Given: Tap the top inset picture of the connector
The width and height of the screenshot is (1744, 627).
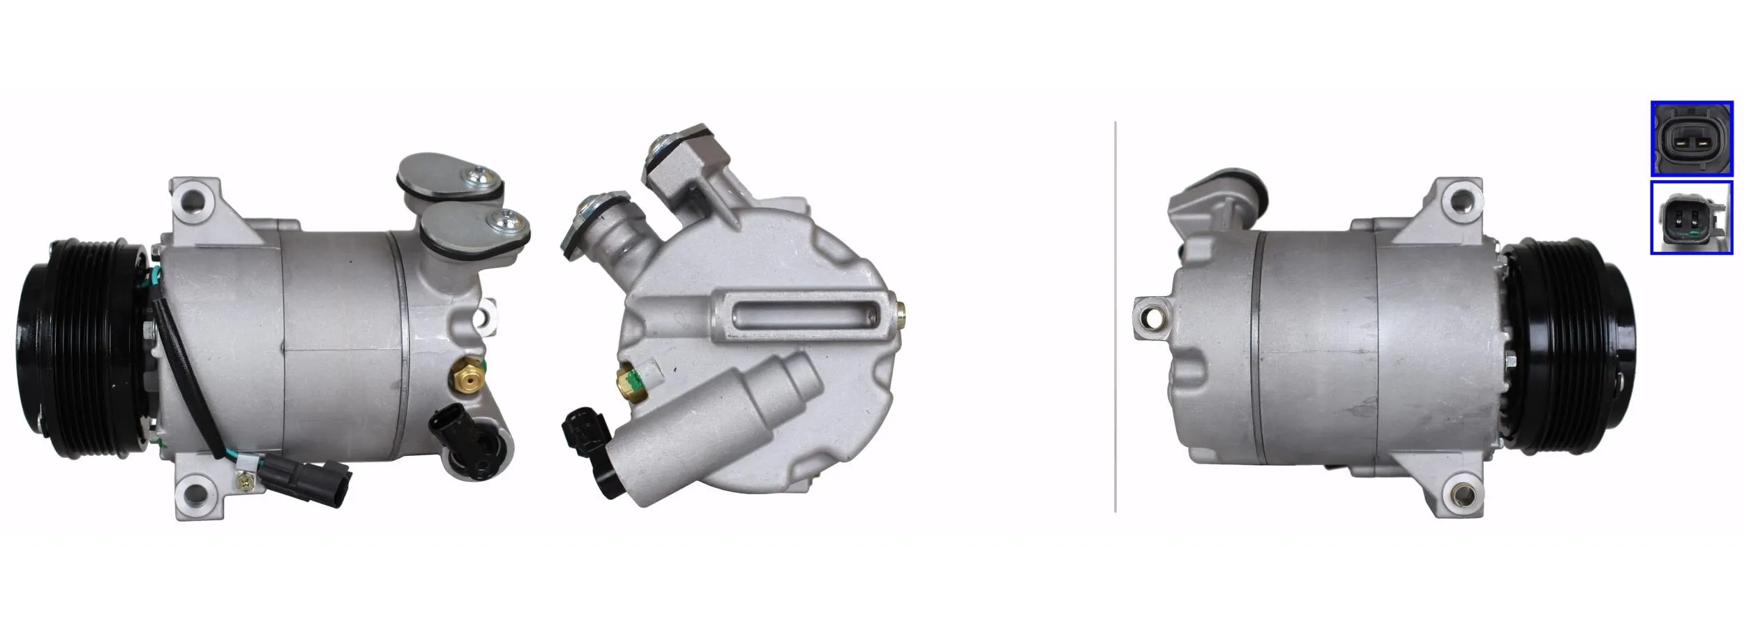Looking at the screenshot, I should [1691, 138].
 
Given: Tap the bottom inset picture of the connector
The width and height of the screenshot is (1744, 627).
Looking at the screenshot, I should [1691, 218].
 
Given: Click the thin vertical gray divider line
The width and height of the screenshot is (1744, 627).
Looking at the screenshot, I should [1115, 314].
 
